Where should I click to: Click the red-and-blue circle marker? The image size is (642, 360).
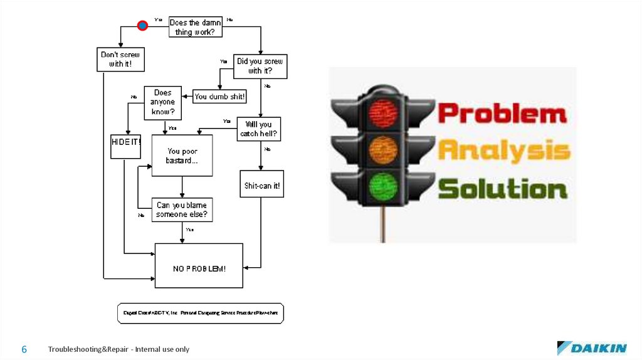tap(143, 26)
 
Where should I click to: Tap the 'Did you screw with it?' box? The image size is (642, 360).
tap(260, 66)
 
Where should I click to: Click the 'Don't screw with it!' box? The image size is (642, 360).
tap(120, 59)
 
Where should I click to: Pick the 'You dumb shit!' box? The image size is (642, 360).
tap(219, 97)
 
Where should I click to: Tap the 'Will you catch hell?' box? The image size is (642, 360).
tap(258, 129)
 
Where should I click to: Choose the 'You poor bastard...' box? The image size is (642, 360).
tap(182, 156)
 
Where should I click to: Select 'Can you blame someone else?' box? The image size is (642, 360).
tap(182, 210)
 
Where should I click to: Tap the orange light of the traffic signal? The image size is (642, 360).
tap(383, 149)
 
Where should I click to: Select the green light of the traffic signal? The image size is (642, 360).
tap(383, 186)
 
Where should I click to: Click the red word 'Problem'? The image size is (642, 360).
tap(502, 114)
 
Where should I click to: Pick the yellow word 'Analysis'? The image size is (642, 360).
tap(503, 151)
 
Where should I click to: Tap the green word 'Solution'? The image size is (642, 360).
tap(502, 189)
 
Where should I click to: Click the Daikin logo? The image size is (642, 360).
tap(591, 348)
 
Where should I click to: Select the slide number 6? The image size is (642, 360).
tap(24, 349)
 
